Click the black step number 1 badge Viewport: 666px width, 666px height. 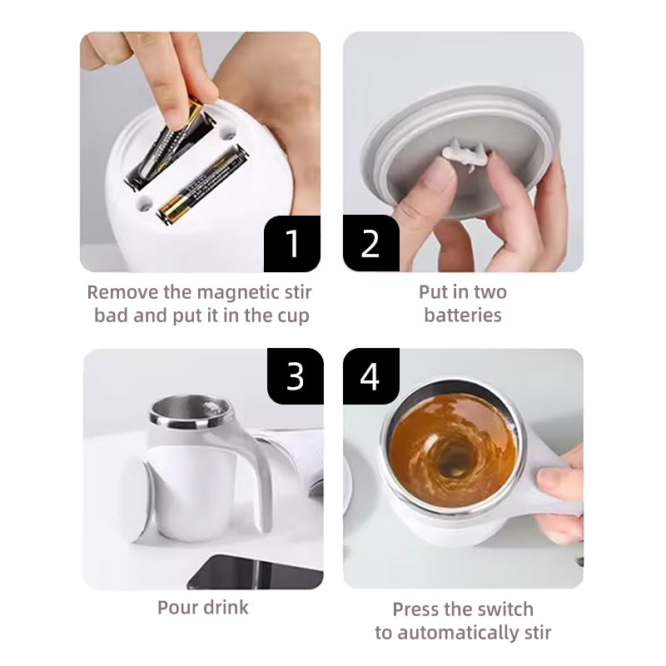[292, 243]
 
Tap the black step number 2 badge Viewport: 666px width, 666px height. [370, 243]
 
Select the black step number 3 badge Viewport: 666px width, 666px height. [296, 376]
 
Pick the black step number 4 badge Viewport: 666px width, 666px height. [370, 376]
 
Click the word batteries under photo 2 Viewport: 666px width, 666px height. [463, 316]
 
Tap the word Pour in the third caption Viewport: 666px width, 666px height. [177, 608]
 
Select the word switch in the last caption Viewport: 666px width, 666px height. [505, 609]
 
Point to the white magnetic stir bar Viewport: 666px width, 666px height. [465, 155]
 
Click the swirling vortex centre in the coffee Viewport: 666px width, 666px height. [451, 461]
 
